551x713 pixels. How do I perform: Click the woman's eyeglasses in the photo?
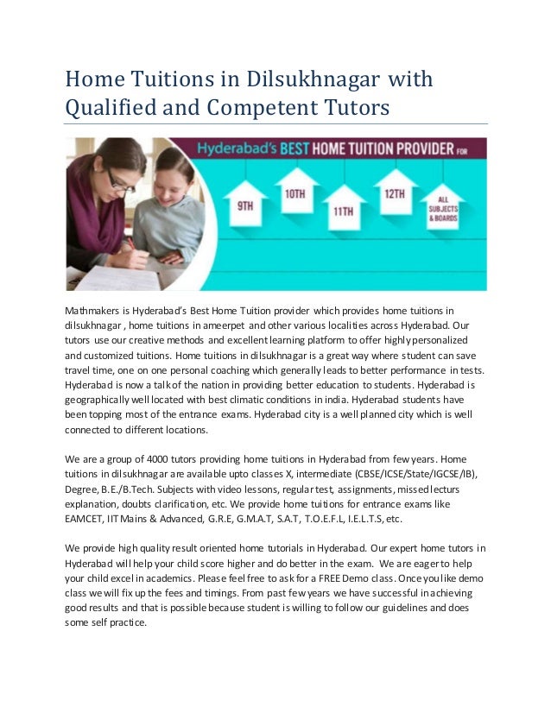119,180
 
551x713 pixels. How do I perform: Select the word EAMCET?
86,520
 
